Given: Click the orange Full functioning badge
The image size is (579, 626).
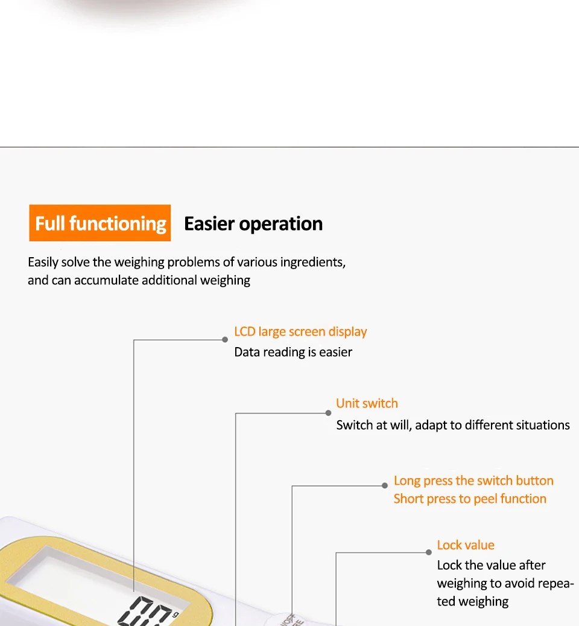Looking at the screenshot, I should click(100, 223).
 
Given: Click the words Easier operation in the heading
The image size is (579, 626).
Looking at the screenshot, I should click(253, 224).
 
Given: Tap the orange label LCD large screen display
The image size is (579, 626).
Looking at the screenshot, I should click(300, 331).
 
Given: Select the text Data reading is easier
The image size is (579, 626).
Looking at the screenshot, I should click(293, 352).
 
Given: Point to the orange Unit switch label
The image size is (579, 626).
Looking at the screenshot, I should click(367, 403).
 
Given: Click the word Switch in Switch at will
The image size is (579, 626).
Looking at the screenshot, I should click(355, 425).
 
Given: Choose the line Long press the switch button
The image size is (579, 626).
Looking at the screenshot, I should click(473, 481).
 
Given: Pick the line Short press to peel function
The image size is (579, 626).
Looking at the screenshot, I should click(470, 499).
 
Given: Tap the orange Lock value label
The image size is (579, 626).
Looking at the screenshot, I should click(466, 545).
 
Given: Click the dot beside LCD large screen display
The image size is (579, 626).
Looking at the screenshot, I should click(225, 340).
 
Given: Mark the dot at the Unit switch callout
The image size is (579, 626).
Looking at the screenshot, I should click(328, 413).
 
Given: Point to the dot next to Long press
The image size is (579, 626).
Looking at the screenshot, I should click(385, 485).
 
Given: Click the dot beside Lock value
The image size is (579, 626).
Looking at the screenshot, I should click(429, 552).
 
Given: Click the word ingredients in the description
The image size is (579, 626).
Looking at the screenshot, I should click(312, 262).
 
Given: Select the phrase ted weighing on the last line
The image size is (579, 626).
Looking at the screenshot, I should click(473, 601).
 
